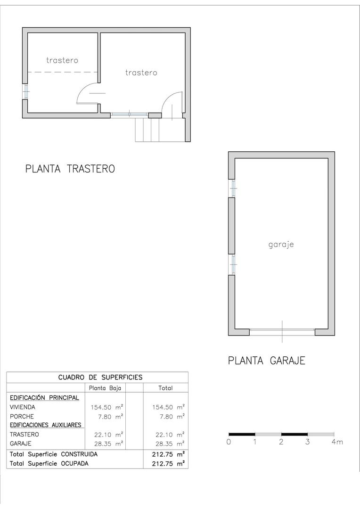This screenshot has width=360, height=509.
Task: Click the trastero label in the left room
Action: pos(62,60)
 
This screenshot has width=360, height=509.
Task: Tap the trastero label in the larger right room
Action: pos(141,73)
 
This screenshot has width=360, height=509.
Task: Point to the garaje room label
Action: pos(281,245)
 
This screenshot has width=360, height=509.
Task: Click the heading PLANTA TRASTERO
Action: pos(70,169)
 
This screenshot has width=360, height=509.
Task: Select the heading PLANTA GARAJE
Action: pos(267,361)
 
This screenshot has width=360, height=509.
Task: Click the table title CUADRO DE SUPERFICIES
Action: pos(100,377)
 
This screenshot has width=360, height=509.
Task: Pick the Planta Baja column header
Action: pos(105,388)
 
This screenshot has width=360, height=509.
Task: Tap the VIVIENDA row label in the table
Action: pos(22,407)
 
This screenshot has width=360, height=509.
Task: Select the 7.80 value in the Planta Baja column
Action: pos(107,416)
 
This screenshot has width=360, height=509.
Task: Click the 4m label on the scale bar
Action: pos(336,442)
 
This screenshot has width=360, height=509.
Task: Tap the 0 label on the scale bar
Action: pos(229,442)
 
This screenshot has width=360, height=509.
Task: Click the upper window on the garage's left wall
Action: pos(232,189)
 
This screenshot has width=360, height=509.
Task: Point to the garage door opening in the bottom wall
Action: pos(282,332)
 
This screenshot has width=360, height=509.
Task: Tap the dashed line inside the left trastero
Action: pos(62,72)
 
